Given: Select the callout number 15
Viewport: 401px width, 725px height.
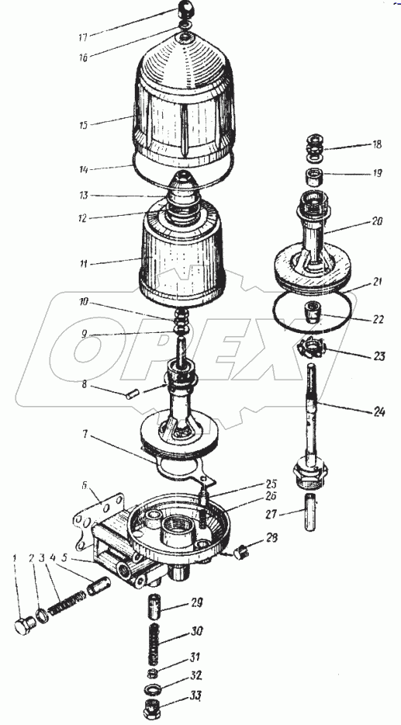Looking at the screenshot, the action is click(84, 125).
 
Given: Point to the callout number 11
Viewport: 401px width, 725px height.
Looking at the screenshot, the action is click(84, 265).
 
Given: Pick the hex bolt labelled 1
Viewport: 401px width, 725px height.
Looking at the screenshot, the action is click(25, 626).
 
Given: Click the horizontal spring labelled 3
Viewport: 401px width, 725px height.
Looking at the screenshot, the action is click(67, 605).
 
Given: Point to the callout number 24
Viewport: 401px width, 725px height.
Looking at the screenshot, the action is click(378, 411).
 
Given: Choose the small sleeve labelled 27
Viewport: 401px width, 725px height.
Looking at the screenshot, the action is click(310, 512).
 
